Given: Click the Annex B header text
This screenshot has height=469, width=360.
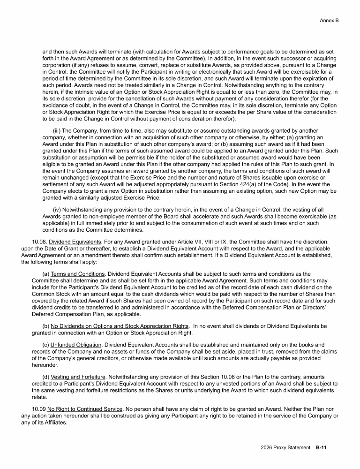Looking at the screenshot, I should point(329,20).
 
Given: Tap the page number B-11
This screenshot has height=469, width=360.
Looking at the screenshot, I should point(321,448).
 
